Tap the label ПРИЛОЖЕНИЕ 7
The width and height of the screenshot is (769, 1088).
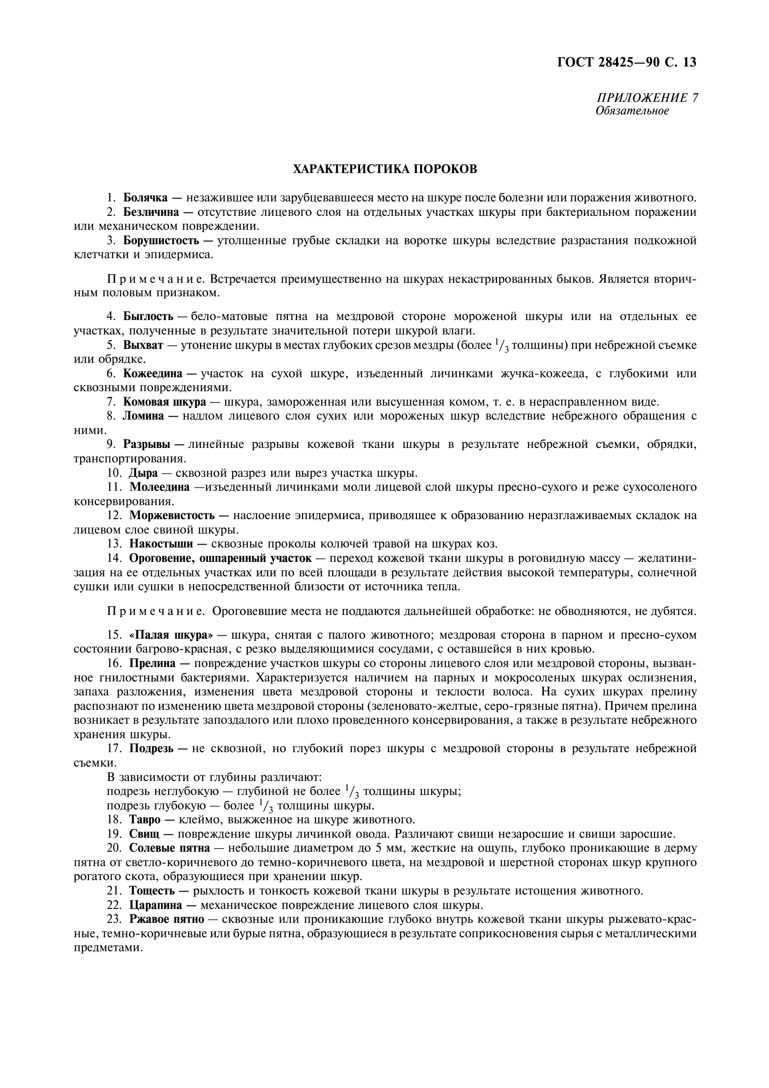pos(647,98)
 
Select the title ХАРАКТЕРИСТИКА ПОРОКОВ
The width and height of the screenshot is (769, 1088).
pos(385,169)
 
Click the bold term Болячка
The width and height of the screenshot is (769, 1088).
pos(146,198)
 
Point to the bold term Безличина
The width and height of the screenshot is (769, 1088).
pos(151,212)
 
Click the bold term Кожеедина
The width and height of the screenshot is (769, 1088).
pos(151,374)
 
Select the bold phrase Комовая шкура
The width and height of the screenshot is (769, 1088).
pos(164,402)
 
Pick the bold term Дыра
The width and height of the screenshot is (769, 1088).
pos(143,473)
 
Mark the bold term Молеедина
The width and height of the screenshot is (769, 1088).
pos(160,487)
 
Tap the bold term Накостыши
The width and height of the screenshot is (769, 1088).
pos(161,544)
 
